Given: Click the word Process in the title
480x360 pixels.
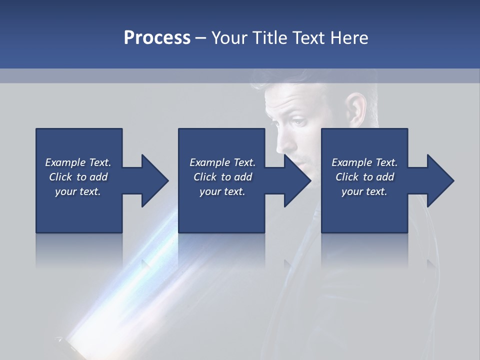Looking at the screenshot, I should click(157, 38).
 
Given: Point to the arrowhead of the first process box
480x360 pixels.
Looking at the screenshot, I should click(155, 180).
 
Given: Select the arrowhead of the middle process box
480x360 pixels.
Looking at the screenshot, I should click(297, 180).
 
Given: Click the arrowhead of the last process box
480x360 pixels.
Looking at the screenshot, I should click(440, 180).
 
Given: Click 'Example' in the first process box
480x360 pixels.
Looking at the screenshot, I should click(65, 162).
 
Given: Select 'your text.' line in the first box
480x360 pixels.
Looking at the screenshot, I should click(78, 191).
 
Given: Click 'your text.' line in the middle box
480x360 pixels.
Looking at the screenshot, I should click(222, 191).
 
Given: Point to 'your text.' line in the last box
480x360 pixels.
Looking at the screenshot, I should click(364, 191).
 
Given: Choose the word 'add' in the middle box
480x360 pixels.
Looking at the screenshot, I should click(243, 177).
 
